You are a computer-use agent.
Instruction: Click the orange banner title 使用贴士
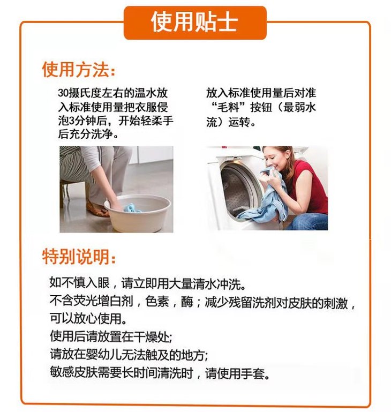click(194, 22)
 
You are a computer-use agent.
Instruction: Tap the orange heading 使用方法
click(76, 70)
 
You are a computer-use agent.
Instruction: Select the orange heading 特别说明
click(76, 257)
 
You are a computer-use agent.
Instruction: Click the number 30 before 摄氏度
click(63, 93)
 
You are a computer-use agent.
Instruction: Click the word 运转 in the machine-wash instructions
click(239, 122)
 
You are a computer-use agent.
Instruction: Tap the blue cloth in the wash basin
click(132, 208)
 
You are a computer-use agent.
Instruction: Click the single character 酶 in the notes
click(187, 302)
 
